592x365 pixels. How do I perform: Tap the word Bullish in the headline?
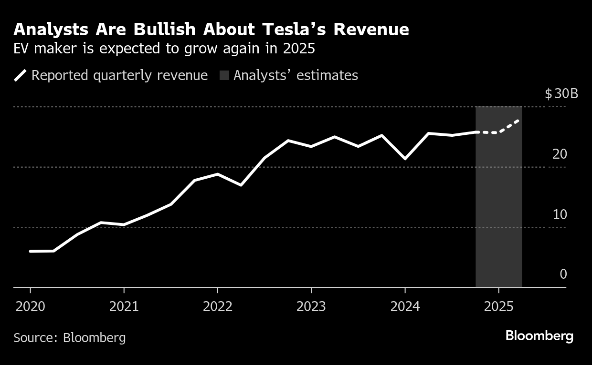162,30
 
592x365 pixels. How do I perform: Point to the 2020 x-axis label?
31,306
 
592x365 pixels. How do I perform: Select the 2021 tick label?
124,306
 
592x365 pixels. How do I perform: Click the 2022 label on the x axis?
218,306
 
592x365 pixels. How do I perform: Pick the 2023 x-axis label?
311,306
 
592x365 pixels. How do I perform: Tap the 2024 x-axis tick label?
405,306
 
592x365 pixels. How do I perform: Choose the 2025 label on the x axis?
498,306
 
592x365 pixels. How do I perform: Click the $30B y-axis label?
561,93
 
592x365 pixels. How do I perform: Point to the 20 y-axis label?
560,154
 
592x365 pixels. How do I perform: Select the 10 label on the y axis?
560,214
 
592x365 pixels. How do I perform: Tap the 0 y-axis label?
563,274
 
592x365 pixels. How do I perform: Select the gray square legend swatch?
224,76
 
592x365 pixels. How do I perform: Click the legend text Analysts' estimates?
296,76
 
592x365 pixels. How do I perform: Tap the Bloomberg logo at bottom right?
539,336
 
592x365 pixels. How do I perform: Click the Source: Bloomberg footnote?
70,338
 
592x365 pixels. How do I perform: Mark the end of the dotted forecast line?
518,121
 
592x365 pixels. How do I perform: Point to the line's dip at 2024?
405,159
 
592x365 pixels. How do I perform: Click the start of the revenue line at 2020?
31,251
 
